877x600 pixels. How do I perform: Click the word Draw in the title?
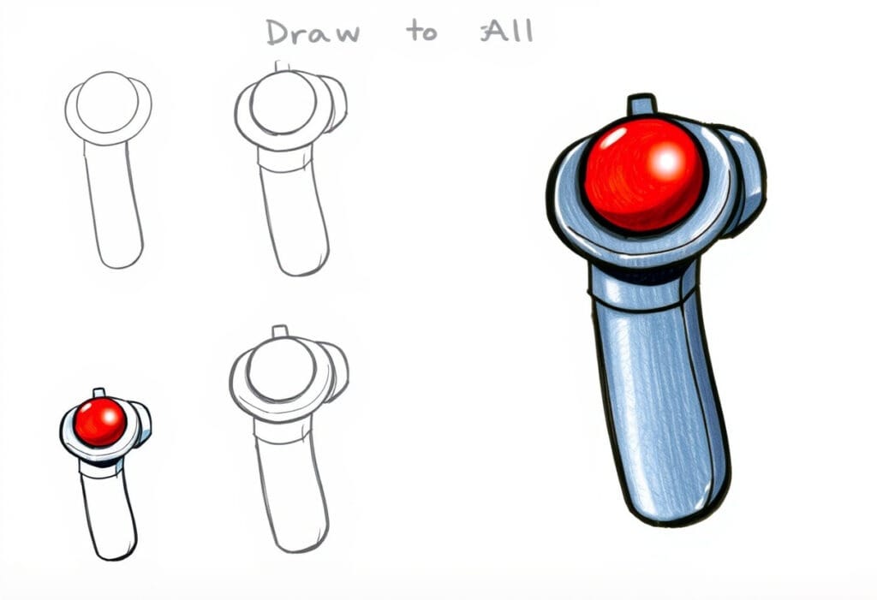click(x=312, y=33)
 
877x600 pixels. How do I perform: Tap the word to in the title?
click(x=421, y=33)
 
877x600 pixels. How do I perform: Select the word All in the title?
click(x=509, y=32)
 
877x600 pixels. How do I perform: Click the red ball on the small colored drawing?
click(x=100, y=422)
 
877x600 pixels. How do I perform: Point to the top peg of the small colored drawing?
click(x=98, y=392)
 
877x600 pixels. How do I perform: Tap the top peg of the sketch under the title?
click(x=280, y=66)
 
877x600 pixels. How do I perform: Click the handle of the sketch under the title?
click(x=294, y=218)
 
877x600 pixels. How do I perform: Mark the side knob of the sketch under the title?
click(x=335, y=102)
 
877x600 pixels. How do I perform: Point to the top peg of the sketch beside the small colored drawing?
click(x=278, y=331)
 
